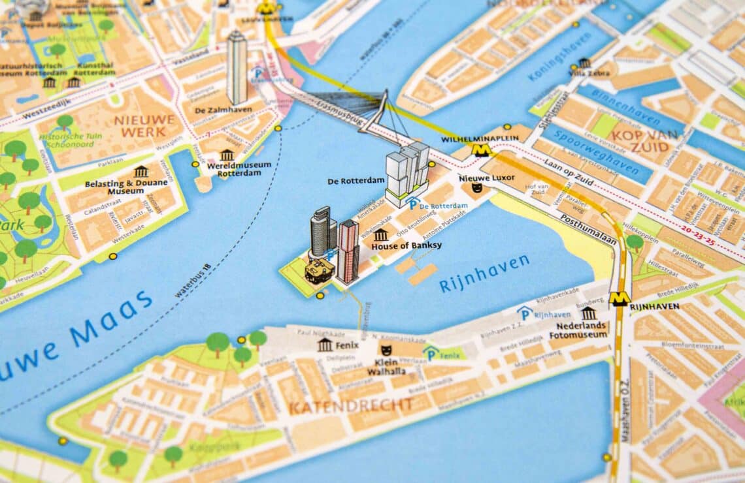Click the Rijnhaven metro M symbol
pos(619,299)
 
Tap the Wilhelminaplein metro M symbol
pos(482,149)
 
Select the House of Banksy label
pos(406,246)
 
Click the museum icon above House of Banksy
pos(380,234)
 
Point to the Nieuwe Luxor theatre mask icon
pos(477,188)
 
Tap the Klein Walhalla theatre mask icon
pos(386,351)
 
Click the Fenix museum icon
pos(325,345)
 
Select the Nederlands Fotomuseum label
pos(582,330)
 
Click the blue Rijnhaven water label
pos(484,273)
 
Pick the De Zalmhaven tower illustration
pos(237,67)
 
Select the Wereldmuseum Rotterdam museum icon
pos(227,155)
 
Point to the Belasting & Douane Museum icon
pos(141,171)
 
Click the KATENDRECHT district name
pos(350,407)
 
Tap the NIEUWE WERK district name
pos(145,125)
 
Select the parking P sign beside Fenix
pos(431,353)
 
